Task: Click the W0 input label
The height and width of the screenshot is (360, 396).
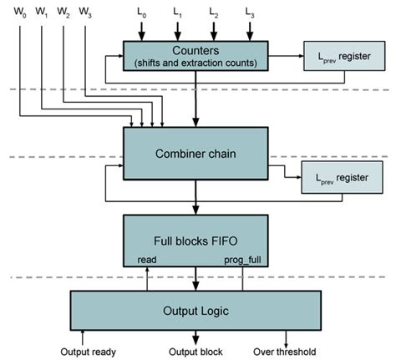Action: (22, 13)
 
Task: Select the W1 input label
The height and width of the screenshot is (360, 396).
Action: (43, 13)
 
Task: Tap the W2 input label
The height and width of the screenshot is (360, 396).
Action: (63, 13)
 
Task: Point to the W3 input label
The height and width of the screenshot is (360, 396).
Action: (85, 13)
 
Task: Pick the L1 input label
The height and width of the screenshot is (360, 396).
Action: (177, 13)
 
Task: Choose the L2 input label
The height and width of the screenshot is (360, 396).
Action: (214, 13)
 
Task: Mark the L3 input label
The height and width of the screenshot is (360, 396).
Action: (251, 13)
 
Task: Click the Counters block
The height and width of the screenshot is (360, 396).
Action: (195, 56)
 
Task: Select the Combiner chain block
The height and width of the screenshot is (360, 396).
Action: (195, 152)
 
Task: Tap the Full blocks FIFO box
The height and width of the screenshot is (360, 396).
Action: (195, 241)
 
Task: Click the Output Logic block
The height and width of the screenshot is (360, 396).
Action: (195, 312)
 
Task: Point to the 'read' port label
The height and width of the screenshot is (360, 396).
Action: (147, 260)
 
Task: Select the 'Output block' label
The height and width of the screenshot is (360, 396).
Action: (195, 352)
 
